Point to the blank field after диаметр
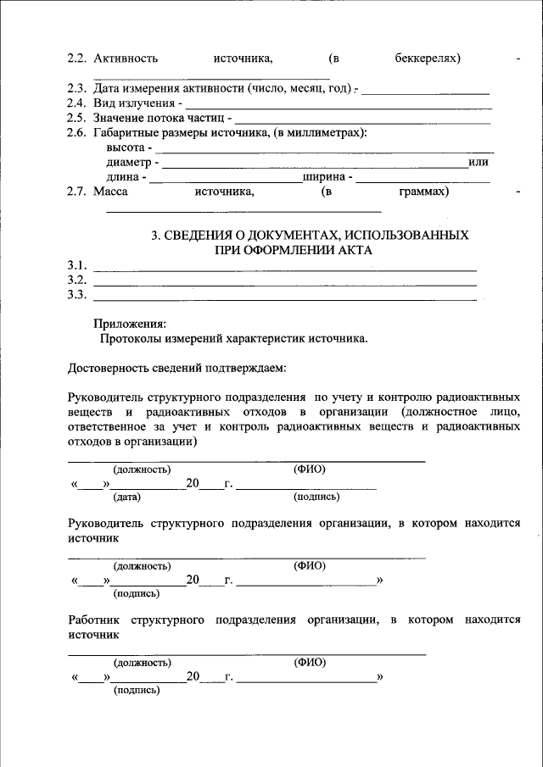313,164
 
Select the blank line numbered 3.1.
284,268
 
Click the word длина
124,177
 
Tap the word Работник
95,620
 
